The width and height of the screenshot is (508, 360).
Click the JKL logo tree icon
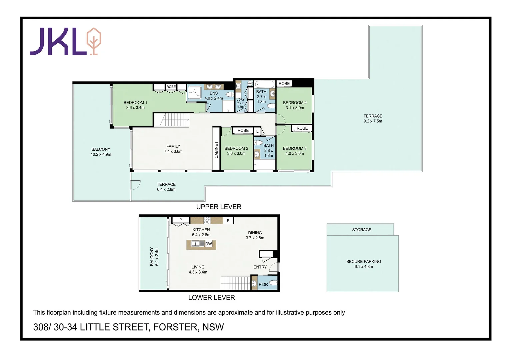[94, 41]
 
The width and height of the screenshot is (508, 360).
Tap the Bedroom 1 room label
[135, 103]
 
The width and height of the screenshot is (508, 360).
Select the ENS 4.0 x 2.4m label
[214, 96]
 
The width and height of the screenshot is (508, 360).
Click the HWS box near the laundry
[250, 83]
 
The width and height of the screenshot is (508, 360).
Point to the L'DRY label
[240, 100]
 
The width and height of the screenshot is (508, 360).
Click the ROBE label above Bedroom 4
[284, 84]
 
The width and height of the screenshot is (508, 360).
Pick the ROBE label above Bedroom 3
[302, 128]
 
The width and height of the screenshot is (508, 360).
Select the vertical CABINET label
[216, 150]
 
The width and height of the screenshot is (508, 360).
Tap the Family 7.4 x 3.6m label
[173, 149]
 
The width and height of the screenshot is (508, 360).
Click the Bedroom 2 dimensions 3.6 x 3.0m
[236, 154]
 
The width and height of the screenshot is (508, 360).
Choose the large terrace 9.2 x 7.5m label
[373, 119]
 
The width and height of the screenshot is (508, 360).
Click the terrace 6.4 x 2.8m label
[166, 187]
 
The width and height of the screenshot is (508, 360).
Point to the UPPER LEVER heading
[219, 207]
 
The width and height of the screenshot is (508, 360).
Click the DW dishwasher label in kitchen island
[209, 244]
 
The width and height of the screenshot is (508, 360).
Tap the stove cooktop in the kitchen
[207, 220]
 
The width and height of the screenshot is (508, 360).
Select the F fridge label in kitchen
[228, 221]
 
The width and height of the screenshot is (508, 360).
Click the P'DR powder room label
[263, 284]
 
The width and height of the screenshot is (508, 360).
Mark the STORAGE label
[362, 230]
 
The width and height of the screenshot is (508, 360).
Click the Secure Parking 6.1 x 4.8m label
[364, 264]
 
